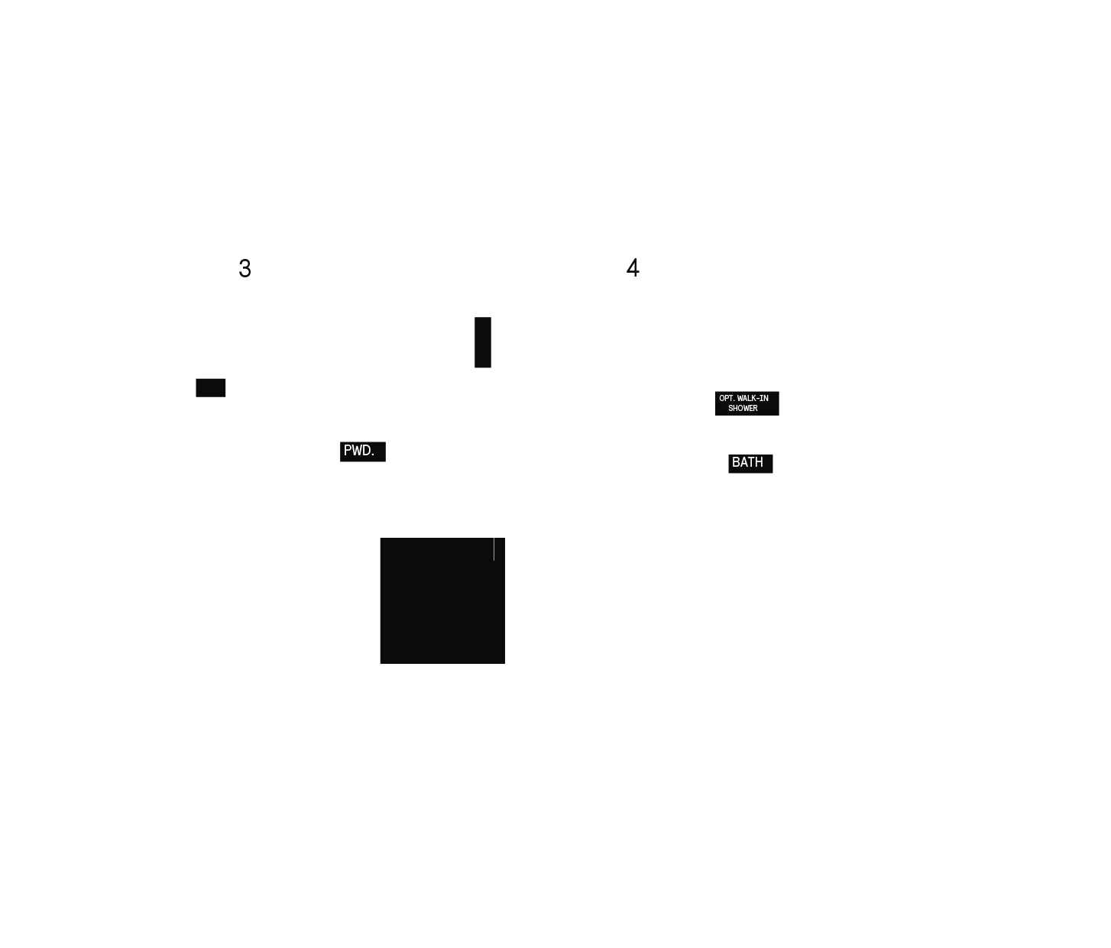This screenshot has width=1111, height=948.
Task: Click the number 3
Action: (245, 268)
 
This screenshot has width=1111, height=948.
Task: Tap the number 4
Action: (633, 267)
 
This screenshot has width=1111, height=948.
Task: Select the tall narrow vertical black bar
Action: (483, 342)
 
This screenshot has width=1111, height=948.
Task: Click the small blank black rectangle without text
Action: (211, 388)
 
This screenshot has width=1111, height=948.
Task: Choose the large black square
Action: (442, 601)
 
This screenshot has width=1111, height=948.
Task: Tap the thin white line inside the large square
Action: (494, 549)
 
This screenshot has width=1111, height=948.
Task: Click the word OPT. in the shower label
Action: (727, 398)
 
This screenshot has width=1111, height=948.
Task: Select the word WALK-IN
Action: (753, 398)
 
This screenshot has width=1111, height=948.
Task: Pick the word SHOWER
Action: (743, 409)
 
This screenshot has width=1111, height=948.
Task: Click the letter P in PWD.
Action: (348, 451)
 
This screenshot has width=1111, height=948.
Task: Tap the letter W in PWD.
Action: (357, 451)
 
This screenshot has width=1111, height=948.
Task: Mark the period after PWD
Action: (373, 455)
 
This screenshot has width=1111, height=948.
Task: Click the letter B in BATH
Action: (736, 462)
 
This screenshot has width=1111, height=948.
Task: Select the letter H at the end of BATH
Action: (760, 462)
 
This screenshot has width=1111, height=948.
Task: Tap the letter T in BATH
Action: (751, 462)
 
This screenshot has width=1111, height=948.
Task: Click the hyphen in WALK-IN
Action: (758, 399)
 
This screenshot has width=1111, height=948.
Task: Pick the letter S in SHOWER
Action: (730, 409)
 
